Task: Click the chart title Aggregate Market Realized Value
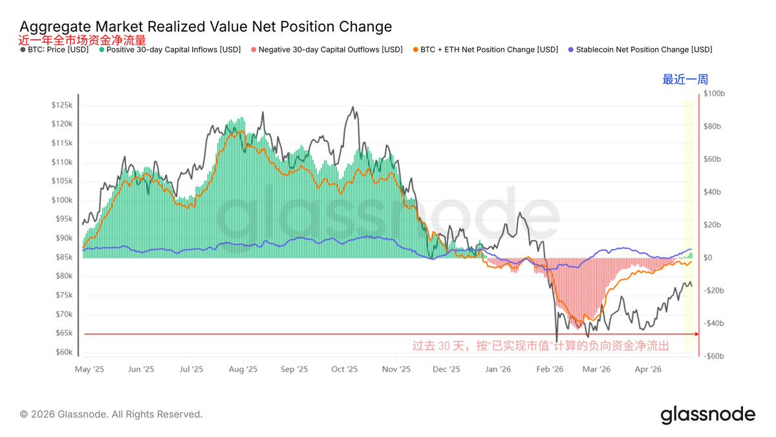point(206,27)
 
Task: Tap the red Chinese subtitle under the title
point(83,39)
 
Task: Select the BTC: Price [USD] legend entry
point(54,50)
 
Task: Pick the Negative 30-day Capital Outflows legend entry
point(326,50)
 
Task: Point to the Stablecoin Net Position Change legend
point(640,50)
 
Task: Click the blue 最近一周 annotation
point(685,80)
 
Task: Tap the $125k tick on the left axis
point(62,105)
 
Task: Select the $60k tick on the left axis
point(63,352)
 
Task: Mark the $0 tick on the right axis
point(709,258)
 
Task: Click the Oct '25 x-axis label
point(345,370)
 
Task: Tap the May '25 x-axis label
point(90,370)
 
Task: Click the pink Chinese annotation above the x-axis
point(541,346)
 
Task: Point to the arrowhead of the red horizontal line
point(696,334)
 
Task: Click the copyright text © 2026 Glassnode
point(111,414)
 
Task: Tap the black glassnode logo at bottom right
point(707,414)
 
